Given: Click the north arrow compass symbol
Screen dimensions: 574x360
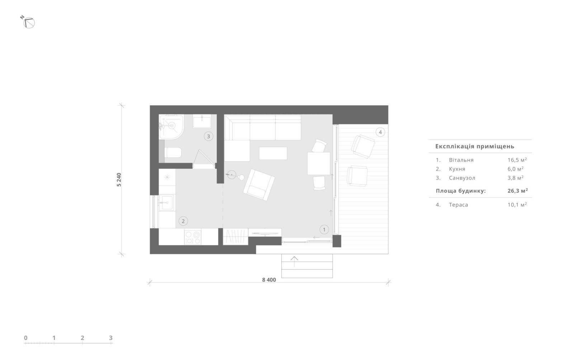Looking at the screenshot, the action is click(29, 23).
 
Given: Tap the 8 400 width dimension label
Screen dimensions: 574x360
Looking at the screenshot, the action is click(269, 280).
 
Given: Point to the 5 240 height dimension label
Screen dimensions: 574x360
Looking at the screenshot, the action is click(119, 180).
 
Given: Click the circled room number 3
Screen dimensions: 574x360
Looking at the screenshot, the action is click(208, 136).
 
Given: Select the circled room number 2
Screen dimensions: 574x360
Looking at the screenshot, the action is click(183, 221).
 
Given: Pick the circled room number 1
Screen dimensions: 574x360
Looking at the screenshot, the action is click(324, 230).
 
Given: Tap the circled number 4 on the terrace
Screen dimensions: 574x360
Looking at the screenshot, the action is click(380, 132).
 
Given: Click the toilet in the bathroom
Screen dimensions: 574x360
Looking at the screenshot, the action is click(173, 153).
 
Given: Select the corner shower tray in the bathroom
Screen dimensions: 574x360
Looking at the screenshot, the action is click(171, 127).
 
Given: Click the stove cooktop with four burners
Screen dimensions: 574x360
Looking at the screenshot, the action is click(193, 237).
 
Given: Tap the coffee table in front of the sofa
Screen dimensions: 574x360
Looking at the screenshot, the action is click(273, 153).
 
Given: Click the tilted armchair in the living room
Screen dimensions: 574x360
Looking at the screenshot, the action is click(259, 185).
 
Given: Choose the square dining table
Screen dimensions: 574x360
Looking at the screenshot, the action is click(319, 164).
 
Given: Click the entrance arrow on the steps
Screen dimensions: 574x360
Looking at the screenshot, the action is click(294, 261).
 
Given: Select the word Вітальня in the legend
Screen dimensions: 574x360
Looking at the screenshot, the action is click(461, 160).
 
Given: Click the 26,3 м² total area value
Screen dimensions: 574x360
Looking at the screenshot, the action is click(518, 191).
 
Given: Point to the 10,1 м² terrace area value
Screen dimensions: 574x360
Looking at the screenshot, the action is click(517, 205).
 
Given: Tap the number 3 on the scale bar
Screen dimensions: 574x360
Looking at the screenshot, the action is click(111, 338).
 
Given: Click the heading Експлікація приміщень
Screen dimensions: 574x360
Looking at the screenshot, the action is click(475, 146).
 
